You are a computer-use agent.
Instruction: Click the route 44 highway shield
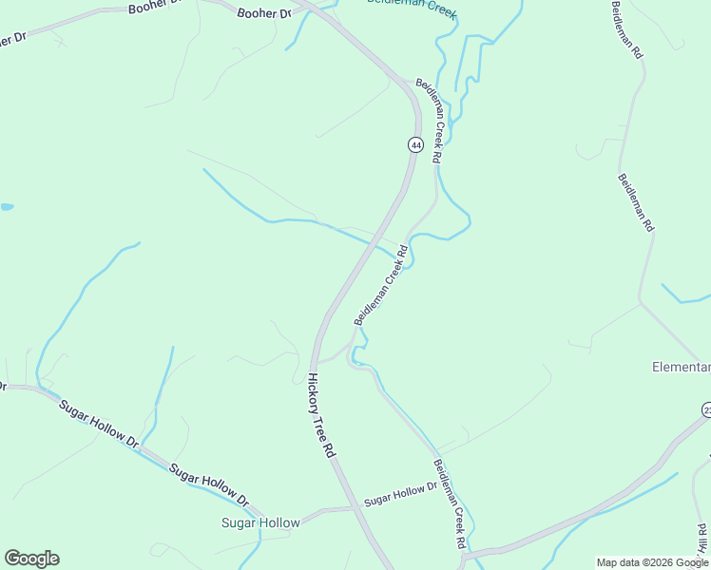coord(415,144)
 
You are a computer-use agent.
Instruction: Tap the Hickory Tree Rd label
coord(321,416)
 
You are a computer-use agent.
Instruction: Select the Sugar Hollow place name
coord(260,522)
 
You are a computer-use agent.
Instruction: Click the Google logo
coord(31,559)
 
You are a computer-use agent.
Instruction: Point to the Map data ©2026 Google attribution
coord(652,562)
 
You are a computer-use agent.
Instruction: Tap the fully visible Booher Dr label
coord(264,12)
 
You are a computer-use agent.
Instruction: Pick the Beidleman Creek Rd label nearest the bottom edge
coord(450,503)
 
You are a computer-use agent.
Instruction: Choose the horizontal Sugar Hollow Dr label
coord(399,494)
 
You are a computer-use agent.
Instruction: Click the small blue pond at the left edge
coord(6,206)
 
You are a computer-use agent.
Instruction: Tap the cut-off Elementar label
coord(682,367)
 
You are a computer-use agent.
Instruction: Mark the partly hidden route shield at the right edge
coord(706,409)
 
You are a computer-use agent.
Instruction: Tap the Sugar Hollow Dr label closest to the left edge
coord(99,423)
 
